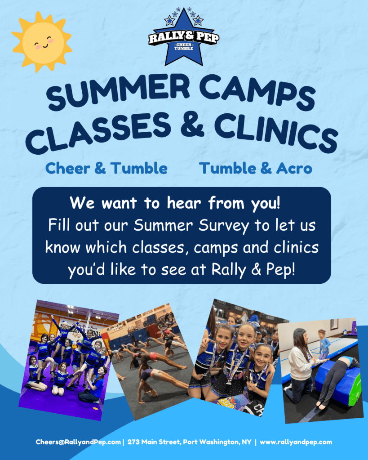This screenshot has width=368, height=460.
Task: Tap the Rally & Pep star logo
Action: coord(184,37)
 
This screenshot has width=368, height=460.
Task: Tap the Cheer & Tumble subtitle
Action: coord(106,168)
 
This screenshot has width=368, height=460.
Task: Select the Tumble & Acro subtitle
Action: coord(256,168)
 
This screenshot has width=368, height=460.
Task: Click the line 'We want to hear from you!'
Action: coord(175,203)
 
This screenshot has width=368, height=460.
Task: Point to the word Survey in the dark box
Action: coord(224,226)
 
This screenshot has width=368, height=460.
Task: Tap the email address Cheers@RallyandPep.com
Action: coord(78,442)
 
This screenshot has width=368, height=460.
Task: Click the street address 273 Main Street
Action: coord(155,442)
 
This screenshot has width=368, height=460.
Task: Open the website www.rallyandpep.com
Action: coord(296,442)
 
